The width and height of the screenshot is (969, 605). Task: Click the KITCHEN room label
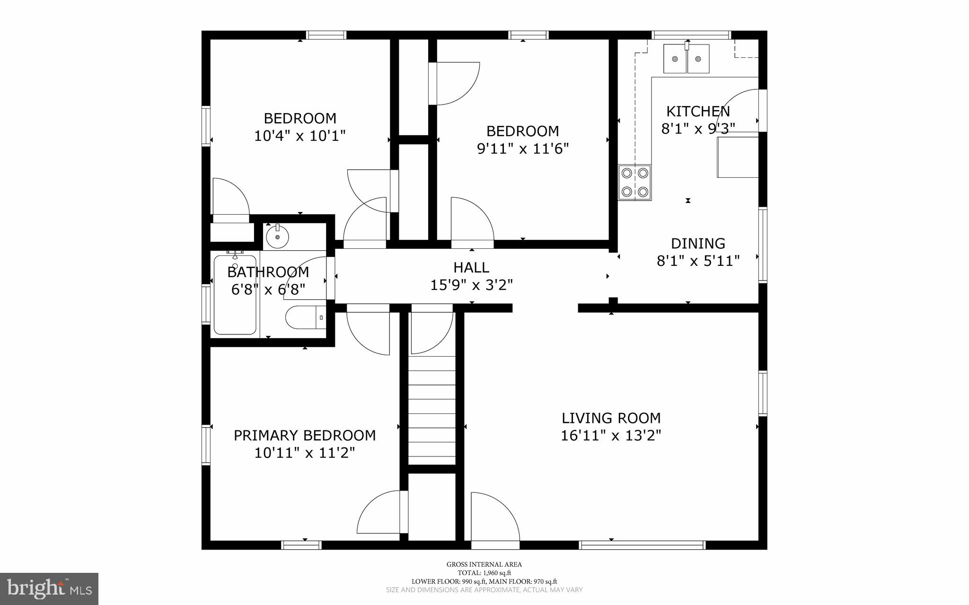[x=698, y=112]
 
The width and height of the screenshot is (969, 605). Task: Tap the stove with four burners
[x=634, y=183]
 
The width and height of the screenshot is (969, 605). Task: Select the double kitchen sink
[x=687, y=59]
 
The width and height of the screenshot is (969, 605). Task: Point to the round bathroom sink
[x=277, y=237]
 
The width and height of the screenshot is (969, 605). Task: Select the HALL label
[x=471, y=268]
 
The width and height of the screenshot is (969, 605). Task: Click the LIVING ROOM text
[x=611, y=418]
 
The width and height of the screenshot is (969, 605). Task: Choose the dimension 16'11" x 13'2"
[x=611, y=436]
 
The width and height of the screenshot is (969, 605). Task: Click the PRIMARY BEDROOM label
[x=305, y=436]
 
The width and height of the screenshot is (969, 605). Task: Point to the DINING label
[x=698, y=244]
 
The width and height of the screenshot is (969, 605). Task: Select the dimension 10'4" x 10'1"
[x=300, y=136]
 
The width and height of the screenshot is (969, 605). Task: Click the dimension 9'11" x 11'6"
[x=522, y=149]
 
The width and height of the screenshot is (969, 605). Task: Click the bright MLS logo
[x=49, y=588]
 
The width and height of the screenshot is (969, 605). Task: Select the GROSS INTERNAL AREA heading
[x=484, y=564]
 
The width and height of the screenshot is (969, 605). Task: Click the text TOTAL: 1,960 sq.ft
[x=484, y=573]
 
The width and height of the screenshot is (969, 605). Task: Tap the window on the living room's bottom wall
[x=642, y=545]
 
